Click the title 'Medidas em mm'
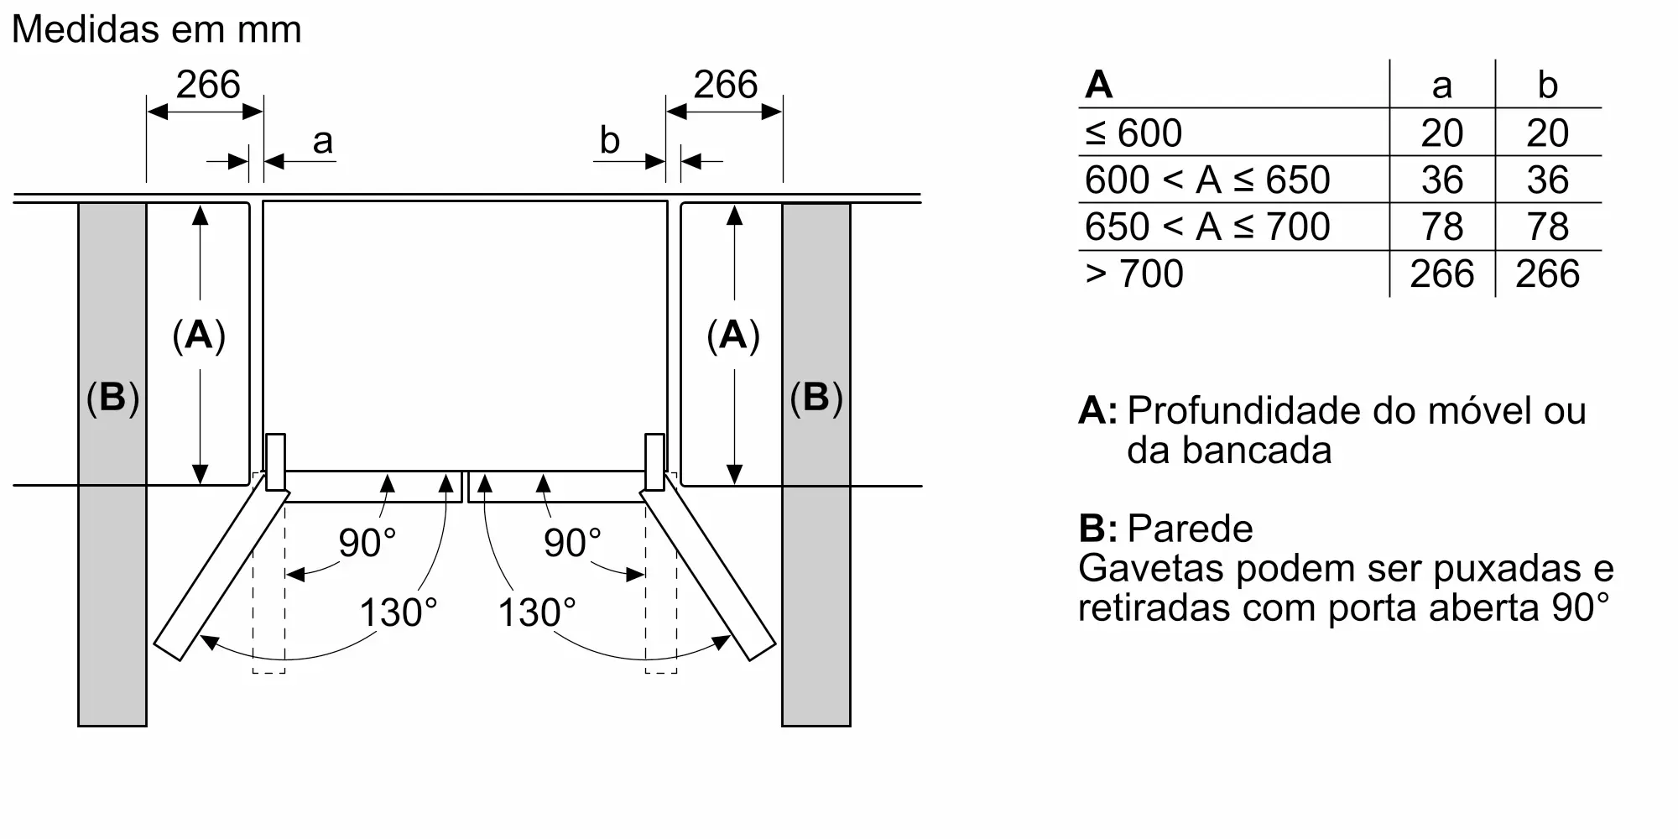tap(156, 30)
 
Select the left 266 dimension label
tap(208, 85)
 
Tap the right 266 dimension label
tap(726, 85)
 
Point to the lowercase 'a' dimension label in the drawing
tap(322, 141)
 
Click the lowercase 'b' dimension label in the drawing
tap(609, 141)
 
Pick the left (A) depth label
tap(199, 336)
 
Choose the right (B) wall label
tap(816, 398)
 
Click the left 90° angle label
tap(367, 543)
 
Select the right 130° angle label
tap(537, 612)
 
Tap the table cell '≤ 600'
tap(1133, 133)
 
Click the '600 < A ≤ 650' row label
tap(1207, 180)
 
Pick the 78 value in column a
tap(1442, 227)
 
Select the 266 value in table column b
tap(1547, 274)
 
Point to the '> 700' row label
tap(1133, 274)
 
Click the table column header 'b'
tap(1547, 85)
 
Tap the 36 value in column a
tap(1442, 180)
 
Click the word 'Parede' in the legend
tap(1190, 529)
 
